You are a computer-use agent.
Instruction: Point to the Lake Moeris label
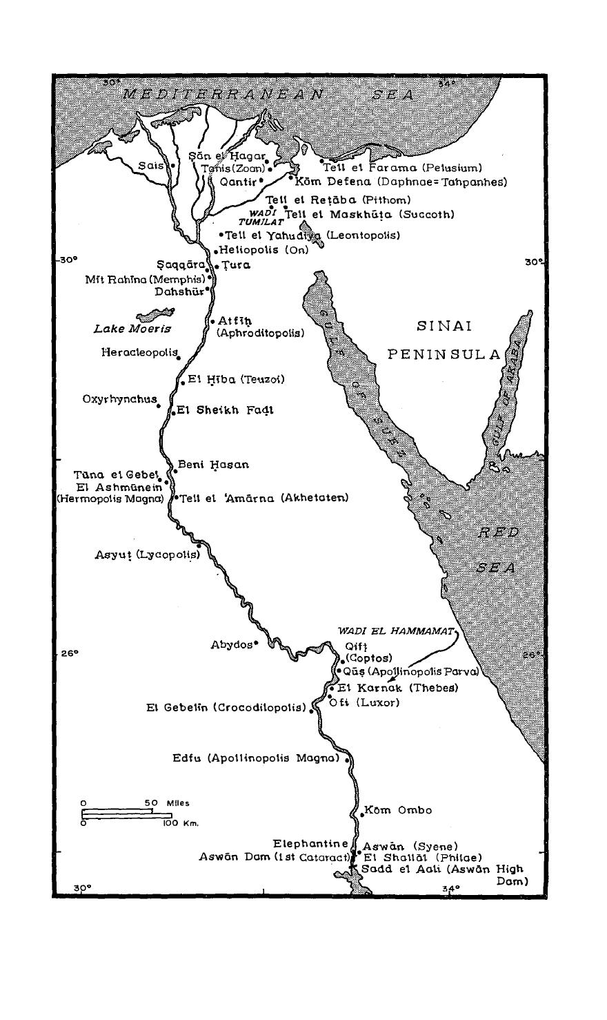(x=132, y=329)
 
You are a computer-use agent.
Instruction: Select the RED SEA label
(x=499, y=550)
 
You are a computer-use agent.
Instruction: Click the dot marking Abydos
(x=257, y=644)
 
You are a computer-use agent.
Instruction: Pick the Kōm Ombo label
(x=398, y=810)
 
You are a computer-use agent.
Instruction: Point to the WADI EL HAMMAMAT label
(x=396, y=631)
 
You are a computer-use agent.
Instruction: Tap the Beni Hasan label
(x=214, y=465)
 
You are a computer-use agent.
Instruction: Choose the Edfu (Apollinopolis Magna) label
(x=257, y=758)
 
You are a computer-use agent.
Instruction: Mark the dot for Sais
(x=172, y=166)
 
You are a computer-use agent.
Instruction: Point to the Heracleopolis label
(x=139, y=352)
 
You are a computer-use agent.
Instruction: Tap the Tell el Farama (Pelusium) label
(x=403, y=167)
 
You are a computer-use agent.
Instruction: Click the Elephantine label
(x=310, y=843)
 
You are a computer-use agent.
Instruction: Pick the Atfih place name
(x=235, y=320)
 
